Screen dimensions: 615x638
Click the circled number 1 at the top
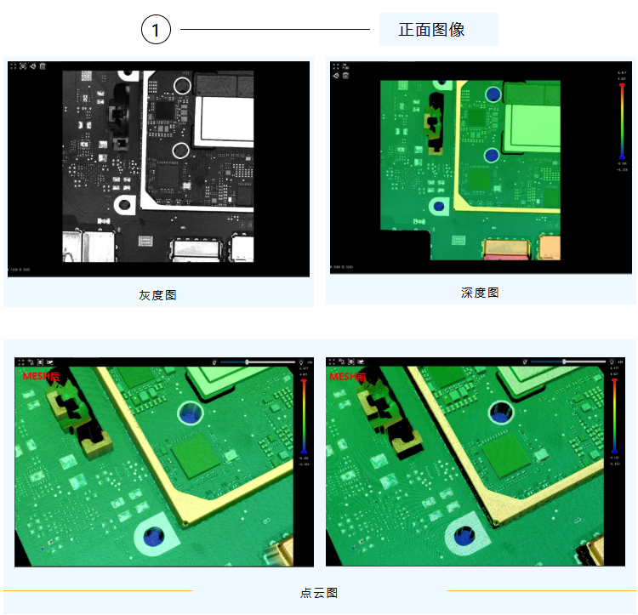pos(156,31)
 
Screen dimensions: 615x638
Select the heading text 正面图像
pos(431,30)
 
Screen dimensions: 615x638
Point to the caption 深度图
pos(480,293)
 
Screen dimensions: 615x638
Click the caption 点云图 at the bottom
pos(319,593)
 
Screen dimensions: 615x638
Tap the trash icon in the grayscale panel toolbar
pos(43,65)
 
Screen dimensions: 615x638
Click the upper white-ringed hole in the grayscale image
pos(181,85)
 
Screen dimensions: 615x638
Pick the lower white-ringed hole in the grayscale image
pos(180,151)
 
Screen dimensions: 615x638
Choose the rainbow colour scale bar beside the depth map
pos(623,119)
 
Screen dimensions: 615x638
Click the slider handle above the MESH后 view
pos(247,362)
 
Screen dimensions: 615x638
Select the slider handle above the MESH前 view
pos(564,362)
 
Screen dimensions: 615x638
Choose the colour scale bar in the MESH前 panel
pos(613,417)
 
